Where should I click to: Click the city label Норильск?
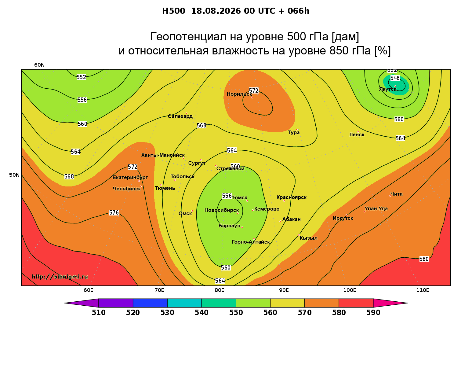tap(239, 94)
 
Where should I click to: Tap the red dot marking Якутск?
tap(395, 86)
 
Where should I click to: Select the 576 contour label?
tap(114, 213)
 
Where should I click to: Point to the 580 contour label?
tap(424, 259)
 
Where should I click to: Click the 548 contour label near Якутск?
tap(395, 78)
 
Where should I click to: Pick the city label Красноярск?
tap(291, 197)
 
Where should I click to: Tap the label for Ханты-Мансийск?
tap(163, 155)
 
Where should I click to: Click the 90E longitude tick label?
tap(284, 290)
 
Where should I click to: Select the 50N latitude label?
tap(14, 175)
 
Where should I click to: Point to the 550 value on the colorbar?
tap(236, 313)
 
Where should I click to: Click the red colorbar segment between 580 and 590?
tap(356, 303)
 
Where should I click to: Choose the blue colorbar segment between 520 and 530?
tap(150, 303)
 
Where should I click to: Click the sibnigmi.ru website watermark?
tap(60, 277)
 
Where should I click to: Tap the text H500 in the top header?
tap(173, 11)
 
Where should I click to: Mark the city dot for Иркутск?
tap(347, 215)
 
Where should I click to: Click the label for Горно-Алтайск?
tap(251, 242)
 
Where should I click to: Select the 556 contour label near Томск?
tap(227, 196)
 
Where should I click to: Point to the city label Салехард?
tap(180, 116)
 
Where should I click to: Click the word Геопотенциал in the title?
tap(188, 36)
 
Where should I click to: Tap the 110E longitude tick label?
tap(423, 290)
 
